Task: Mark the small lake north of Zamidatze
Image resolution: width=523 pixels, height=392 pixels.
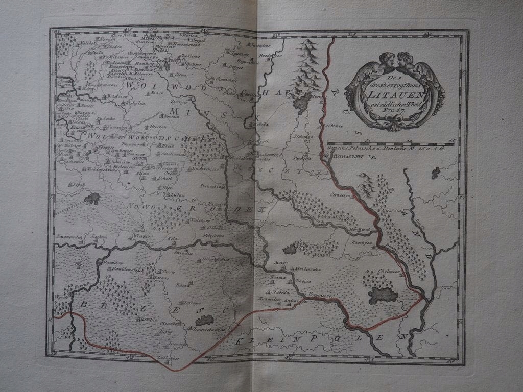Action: coord(204,320)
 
